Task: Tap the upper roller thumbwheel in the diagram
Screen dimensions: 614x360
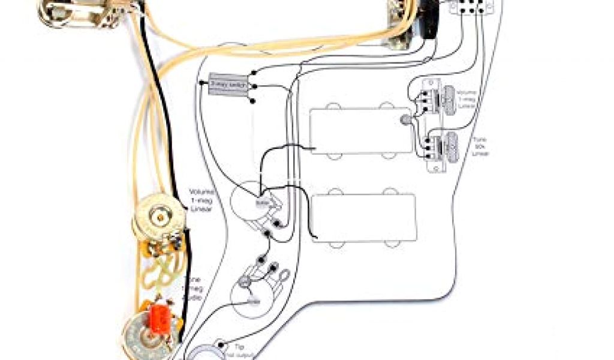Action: (x=447, y=99)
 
